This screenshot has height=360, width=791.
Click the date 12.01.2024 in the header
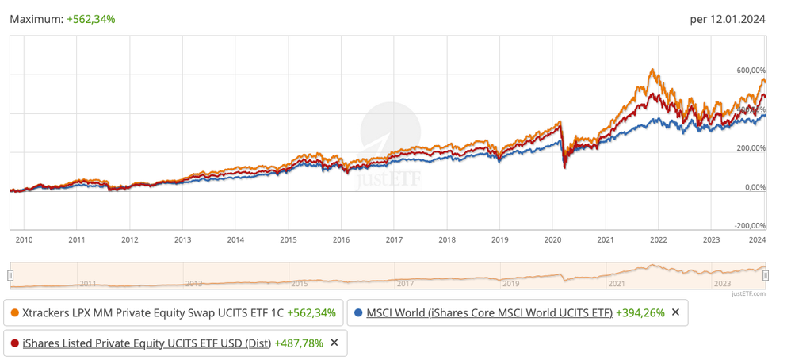point(738,19)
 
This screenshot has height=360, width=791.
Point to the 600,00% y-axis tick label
point(751,71)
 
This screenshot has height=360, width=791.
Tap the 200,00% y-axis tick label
point(751,148)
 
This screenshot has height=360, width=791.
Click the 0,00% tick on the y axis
point(755,187)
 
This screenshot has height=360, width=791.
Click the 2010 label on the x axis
point(24,239)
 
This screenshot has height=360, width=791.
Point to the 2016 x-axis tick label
point(341,239)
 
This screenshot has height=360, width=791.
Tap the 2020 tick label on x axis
point(552,239)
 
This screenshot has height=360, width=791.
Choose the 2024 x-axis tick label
point(758,239)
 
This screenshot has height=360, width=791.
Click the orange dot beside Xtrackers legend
point(14,312)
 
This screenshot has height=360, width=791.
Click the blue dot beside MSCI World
point(358,312)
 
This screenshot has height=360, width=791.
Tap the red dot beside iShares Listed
point(14,343)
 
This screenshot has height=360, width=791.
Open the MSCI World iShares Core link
point(489,312)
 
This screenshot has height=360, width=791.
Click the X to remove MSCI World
point(675,312)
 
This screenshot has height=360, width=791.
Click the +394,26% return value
point(640,312)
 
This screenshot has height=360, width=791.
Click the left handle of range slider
point(10,275)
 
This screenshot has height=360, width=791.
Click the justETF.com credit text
point(749,293)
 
